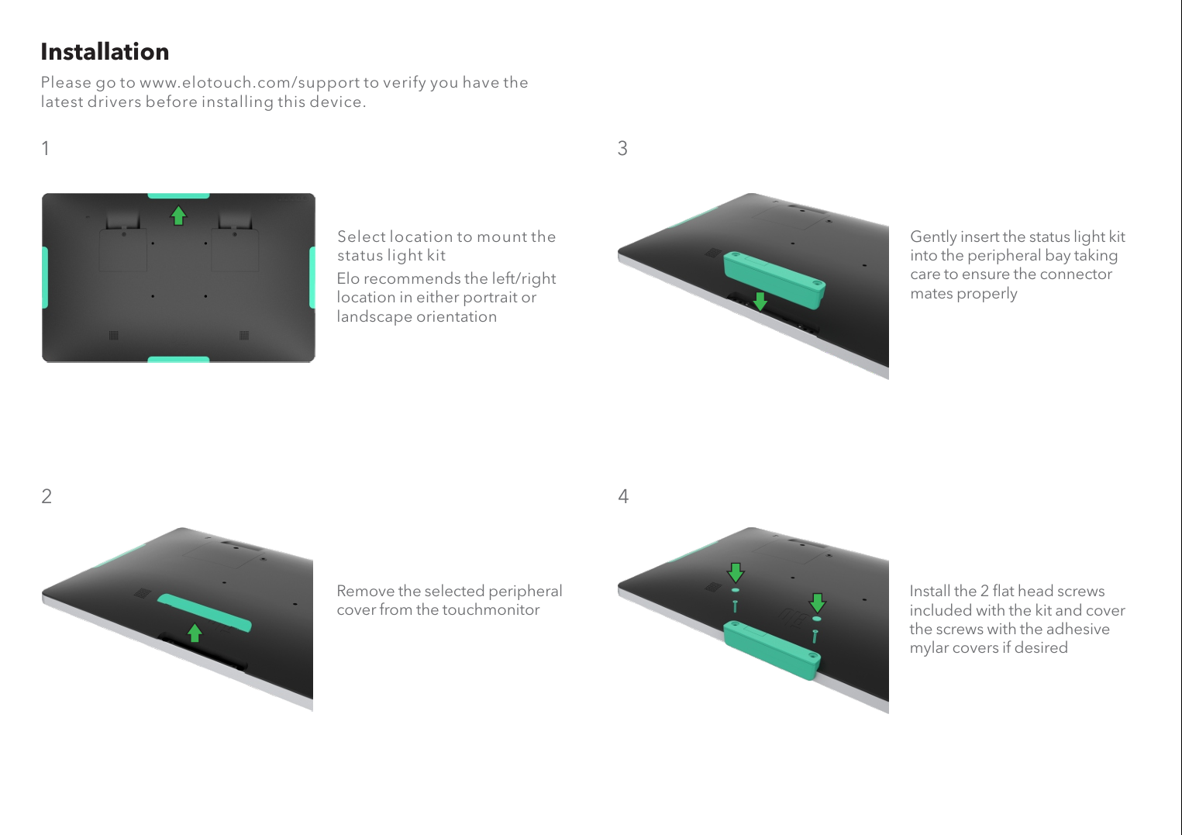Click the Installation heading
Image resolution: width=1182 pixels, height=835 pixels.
pyautogui.click(x=105, y=52)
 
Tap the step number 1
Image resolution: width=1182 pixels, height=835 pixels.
pyautogui.click(x=46, y=148)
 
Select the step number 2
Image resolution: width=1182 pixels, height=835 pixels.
pyautogui.click(x=47, y=496)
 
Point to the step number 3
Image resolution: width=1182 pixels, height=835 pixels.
pyautogui.click(x=622, y=148)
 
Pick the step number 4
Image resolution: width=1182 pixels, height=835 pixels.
pyautogui.click(x=623, y=496)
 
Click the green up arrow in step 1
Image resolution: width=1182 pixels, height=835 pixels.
pyautogui.click(x=178, y=216)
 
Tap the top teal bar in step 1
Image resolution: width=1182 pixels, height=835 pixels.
pyautogui.click(x=178, y=196)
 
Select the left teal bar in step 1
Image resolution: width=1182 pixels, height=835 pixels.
pyautogui.click(x=45, y=278)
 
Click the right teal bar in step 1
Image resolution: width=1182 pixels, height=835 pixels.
pyautogui.click(x=312, y=278)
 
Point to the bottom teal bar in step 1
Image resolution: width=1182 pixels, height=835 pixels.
pyautogui.click(x=178, y=360)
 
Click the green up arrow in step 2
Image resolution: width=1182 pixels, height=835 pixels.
pyautogui.click(x=195, y=633)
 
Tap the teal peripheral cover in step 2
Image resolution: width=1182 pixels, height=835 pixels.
pyautogui.click(x=204, y=612)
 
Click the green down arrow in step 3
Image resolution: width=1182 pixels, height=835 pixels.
pyautogui.click(x=760, y=302)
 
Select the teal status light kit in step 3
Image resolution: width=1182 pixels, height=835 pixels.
pyautogui.click(x=774, y=279)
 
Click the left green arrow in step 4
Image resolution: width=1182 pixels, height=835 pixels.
pyautogui.click(x=736, y=572)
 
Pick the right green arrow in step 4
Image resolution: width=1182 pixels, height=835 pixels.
pyautogui.click(x=818, y=602)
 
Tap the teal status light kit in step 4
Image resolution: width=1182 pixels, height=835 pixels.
pyautogui.click(x=772, y=650)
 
